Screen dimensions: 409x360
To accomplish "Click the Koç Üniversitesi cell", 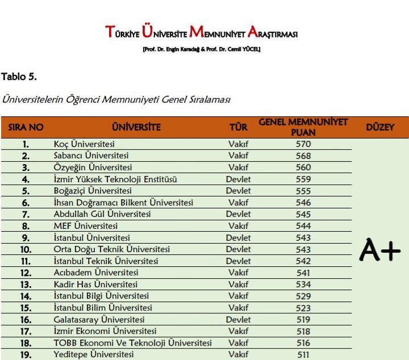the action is coord(84,144).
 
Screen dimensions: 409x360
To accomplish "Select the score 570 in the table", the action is coord(303,144).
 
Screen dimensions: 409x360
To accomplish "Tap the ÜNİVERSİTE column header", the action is coord(136,127).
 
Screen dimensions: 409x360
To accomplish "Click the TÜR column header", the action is coord(238,127).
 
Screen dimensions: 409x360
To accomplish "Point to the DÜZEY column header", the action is coord(380,127).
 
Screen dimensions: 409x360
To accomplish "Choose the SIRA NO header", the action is coord(26,127).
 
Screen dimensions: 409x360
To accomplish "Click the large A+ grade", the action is coord(380,250).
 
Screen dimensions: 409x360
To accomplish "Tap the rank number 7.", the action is coord(26,215).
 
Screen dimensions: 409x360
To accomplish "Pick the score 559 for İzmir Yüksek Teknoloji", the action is coord(303,179).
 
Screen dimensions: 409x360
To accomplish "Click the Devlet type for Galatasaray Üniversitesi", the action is coord(238,320).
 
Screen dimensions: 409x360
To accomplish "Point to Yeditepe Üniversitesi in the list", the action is coord(94,354).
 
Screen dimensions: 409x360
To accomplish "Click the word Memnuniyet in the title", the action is coord(222,32).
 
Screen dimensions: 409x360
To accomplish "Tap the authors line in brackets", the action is coord(202,49).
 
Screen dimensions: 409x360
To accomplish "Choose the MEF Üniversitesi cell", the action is coord(77,226).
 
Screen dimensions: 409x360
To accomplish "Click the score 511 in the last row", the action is coord(303,354).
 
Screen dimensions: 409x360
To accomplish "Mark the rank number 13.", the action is coord(26,284).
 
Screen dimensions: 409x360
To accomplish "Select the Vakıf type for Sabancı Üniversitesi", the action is coord(238,156).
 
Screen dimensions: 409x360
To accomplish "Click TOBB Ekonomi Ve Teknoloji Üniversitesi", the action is coord(132,343).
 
